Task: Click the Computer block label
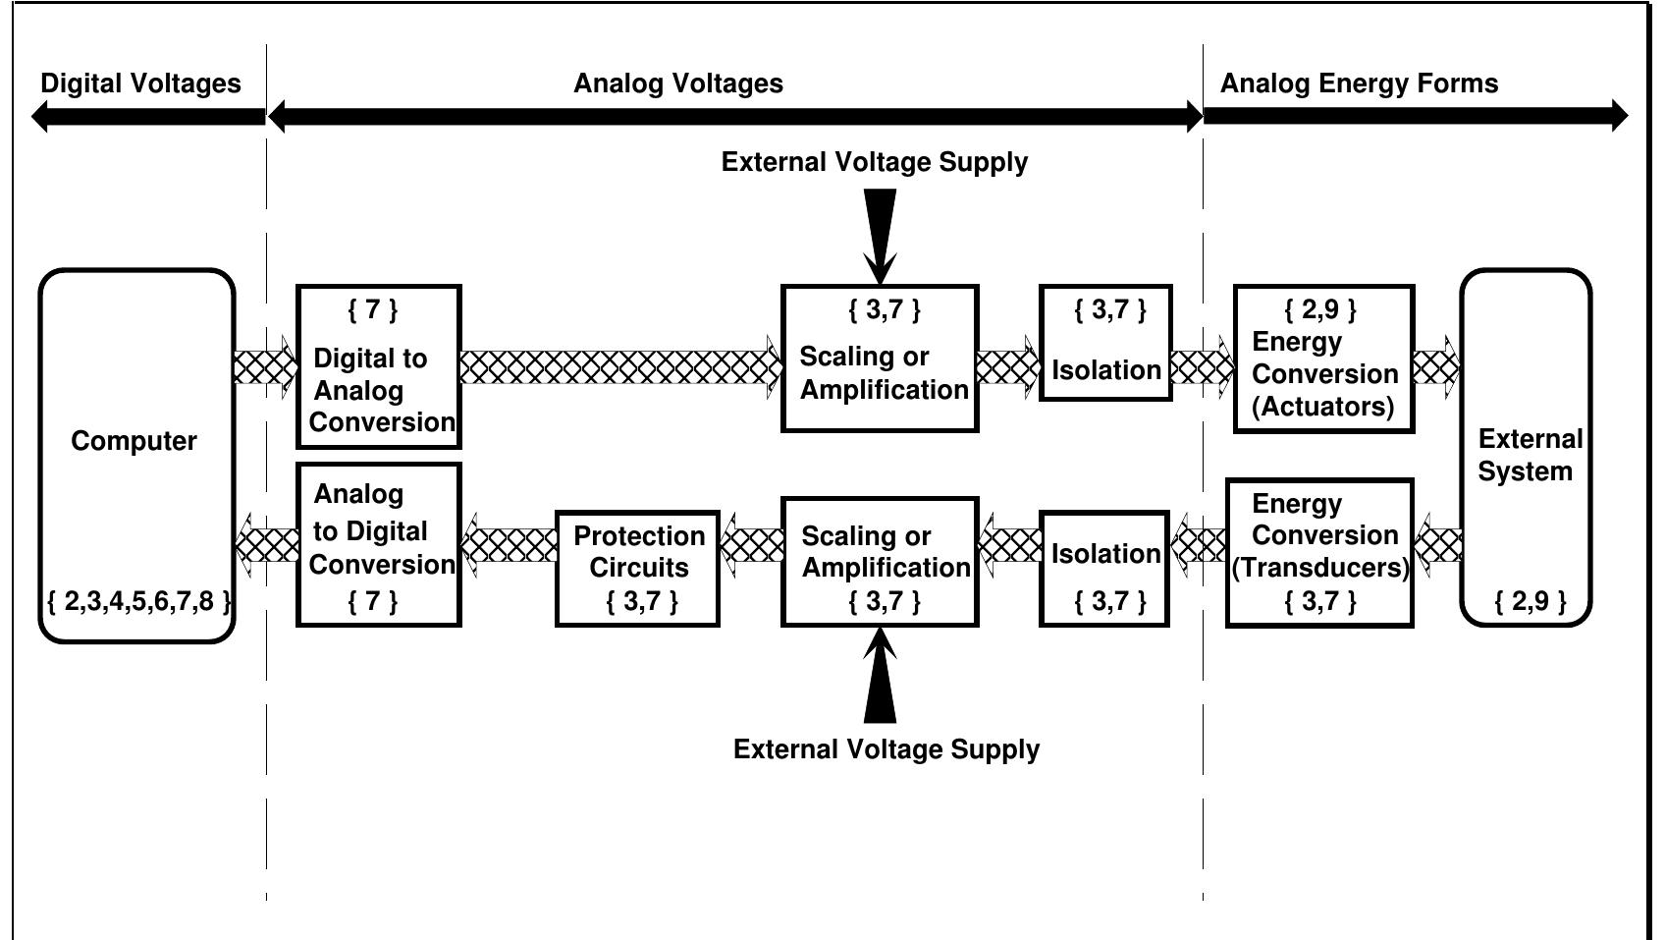pos(134,441)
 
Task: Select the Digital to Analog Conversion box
pos(378,367)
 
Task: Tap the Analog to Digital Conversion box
pos(378,544)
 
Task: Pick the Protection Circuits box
pos(637,568)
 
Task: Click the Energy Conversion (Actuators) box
pos(1322,359)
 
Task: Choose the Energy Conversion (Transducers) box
pos(1319,552)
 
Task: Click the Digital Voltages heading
pos(140,83)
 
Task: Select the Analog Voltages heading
pos(677,83)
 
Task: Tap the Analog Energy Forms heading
pos(1359,83)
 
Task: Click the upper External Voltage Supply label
pos(874,162)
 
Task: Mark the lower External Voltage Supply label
pos(886,749)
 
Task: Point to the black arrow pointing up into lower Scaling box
pos(880,677)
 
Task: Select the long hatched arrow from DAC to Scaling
pos(619,367)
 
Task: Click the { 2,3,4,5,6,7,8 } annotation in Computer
pos(138,600)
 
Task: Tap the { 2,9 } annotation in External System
pos(1530,600)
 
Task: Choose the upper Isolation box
pos(1105,344)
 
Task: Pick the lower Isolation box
pos(1104,568)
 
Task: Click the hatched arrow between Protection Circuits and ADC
pos(509,544)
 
